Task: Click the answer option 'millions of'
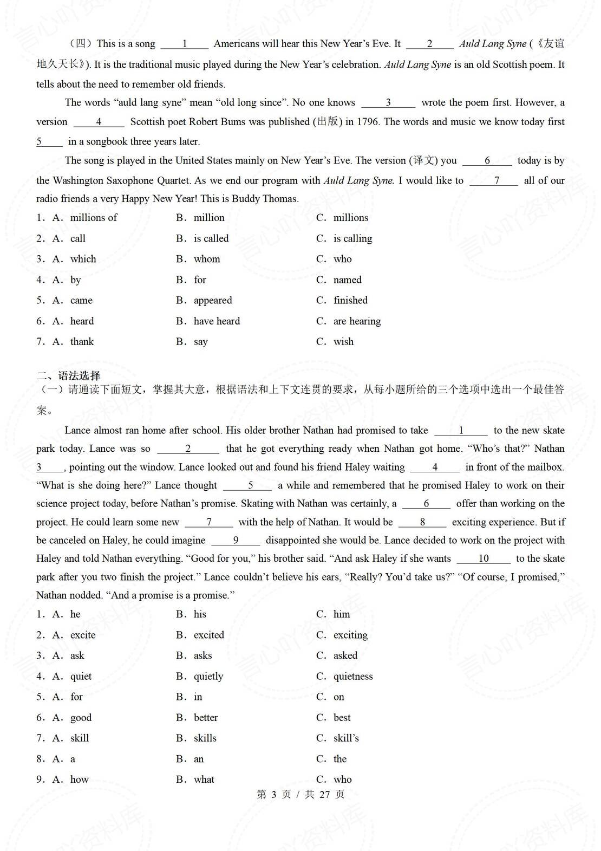click(93, 218)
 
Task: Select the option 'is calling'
click(352, 238)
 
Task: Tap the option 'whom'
click(207, 259)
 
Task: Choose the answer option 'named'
click(347, 280)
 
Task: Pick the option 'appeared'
click(213, 301)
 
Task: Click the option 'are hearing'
click(357, 321)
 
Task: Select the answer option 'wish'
click(343, 342)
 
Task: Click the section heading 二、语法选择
click(69, 375)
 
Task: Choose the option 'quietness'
click(353, 677)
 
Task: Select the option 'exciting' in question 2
click(350, 635)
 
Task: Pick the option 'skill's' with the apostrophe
click(346, 738)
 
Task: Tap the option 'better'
click(206, 718)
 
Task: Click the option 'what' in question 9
click(204, 779)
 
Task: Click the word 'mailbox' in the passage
click(544, 467)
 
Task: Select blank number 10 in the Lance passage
click(484, 558)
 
